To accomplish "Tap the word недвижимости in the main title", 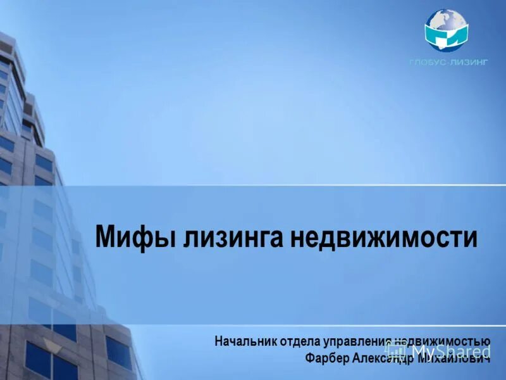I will click(384, 237).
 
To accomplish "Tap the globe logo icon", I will click(446, 30).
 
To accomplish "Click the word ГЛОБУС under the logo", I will click(428, 61).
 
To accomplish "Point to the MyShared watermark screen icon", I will click(395, 350).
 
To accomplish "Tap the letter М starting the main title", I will click(106, 237).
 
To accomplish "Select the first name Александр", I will click(381, 358).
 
